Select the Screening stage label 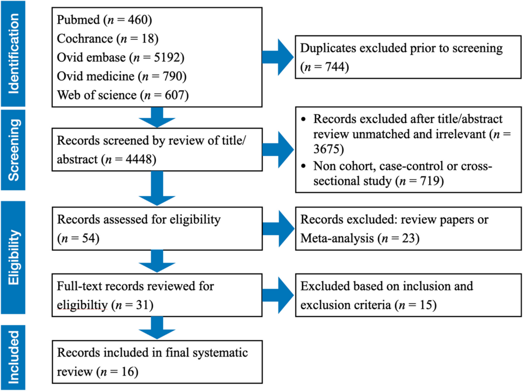[x=13, y=150]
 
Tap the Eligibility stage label [x=13, y=257]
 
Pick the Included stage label [x=13, y=357]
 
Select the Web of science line [x=123, y=95]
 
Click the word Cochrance [x=85, y=39]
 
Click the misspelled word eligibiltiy [x=82, y=305]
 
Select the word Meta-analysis [x=337, y=238]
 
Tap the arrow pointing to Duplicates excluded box [x=278, y=57]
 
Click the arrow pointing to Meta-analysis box [x=278, y=229]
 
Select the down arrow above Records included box [x=157, y=328]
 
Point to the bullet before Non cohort [x=304, y=166]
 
